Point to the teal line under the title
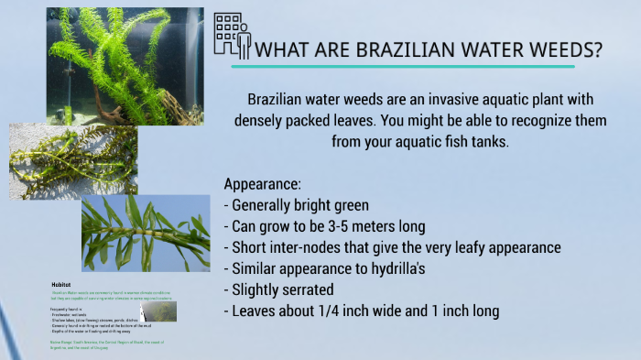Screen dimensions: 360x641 point(403,67)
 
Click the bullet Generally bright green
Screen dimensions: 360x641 point(301,204)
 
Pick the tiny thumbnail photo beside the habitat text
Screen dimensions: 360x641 point(158,311)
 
